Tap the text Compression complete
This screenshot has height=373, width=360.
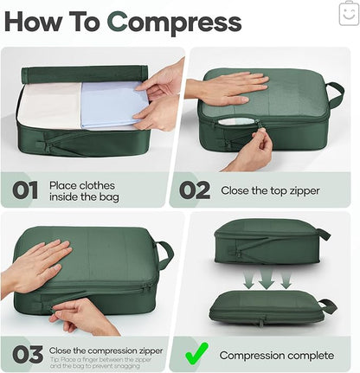pyautogui.click(x=275, y=355)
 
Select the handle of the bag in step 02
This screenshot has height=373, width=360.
pyautogui.click(x=334, y=93)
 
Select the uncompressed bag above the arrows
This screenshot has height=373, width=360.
pyautogui.click(x=265, y=244)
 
